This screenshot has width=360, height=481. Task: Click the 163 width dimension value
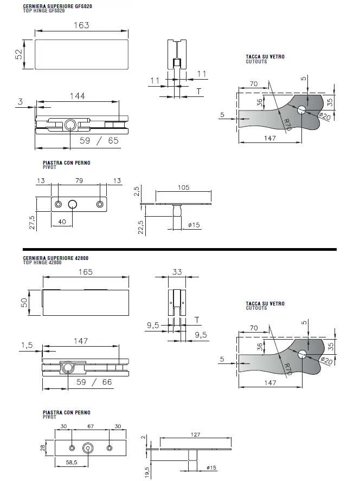pyautogui.click(x=81, y=25)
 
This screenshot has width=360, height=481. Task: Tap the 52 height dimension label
pyautogui.click(x=19, y=54)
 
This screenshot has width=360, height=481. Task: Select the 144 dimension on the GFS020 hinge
pyautogui.click(x=78, y=96)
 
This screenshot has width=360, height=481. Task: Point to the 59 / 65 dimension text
pyautogui.click(x=99, y=140)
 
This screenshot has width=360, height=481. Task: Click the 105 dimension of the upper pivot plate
pyautogui.click(x=183, y=187)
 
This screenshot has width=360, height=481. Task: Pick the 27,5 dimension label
pyautogui.click(x=32, y=223)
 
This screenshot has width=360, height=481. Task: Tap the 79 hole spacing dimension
pyautogui.click(x=79, y=181)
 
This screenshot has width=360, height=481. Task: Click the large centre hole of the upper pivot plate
pyautogui.click(x=73, y=204)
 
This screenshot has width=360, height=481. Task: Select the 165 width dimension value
pyautogui.click(x=86, y=272)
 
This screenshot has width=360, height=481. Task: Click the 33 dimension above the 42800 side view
pyautogui.click(x=177, y=272)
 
